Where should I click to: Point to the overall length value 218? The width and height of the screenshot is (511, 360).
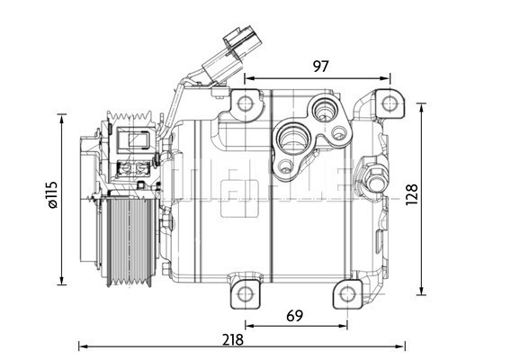(x=234, y=339)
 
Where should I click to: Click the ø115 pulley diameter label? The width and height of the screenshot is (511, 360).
(x=51, y=196)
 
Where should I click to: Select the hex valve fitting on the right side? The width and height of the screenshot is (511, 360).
(x=374, y=177)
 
